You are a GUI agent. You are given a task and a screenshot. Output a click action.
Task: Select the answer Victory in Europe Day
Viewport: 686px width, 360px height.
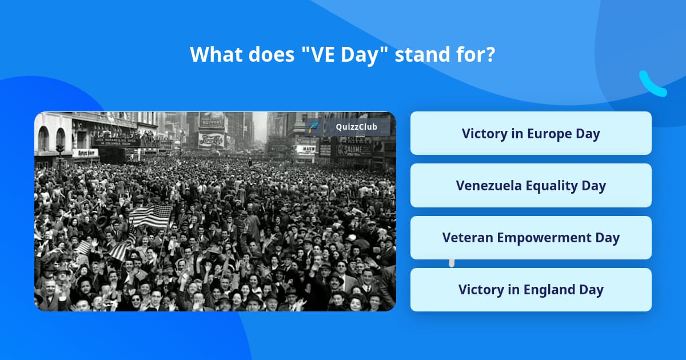point(531,134)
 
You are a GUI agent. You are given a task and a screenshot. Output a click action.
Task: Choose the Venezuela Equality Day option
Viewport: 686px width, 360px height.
point(531,186)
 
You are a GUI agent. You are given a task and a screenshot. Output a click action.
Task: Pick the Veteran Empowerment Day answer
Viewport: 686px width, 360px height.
point(531,238)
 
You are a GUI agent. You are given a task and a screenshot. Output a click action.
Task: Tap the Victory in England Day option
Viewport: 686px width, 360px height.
point(531,290)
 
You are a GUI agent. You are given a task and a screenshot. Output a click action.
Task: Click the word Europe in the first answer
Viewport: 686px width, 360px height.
point(551,134)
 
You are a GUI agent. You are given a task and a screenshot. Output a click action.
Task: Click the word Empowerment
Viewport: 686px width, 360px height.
point(545,238)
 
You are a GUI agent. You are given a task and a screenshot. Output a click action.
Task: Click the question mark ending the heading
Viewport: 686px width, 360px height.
point(490,54)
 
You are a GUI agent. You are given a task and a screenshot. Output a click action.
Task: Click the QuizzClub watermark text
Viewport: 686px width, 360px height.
point(356,127)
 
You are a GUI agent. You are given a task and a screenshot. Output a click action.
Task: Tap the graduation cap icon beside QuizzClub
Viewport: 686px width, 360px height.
point(313,127)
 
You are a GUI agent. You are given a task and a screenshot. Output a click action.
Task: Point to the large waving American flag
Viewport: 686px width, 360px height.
point(150,216)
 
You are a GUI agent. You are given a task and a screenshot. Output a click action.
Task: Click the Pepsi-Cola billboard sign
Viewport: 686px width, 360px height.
point(212,139)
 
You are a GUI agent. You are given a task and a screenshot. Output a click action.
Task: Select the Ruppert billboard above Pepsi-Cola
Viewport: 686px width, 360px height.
point(212,121)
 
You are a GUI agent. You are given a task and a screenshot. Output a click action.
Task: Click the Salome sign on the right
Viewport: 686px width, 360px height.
point(353,150)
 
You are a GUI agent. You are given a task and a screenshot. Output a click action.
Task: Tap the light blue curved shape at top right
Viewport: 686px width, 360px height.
point(652,85)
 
